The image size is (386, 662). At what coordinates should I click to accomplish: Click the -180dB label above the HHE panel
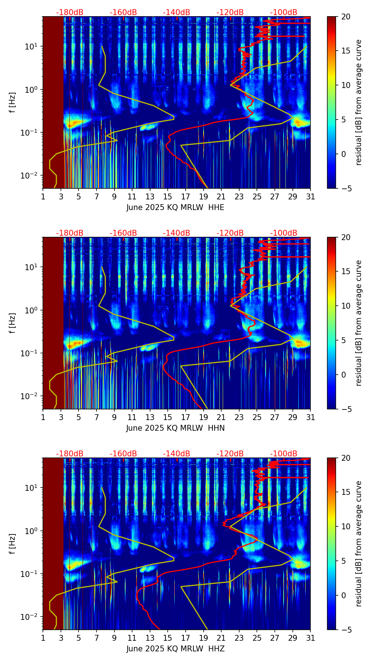click(x=70, y=12)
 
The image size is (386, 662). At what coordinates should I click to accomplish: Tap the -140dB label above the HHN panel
click(x=176, y=233)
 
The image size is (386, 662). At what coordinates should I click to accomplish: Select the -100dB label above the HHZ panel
click(x=284, y=454)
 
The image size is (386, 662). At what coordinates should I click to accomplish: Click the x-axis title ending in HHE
click(x=175, y=207)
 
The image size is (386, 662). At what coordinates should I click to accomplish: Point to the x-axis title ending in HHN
click(x=175, y=428)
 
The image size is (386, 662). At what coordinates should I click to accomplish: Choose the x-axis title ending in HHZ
click(x=175, y=649)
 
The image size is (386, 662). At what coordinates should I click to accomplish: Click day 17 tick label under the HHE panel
click(x=185, y=197)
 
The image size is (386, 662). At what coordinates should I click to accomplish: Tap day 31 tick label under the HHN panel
click(x=310, y=418)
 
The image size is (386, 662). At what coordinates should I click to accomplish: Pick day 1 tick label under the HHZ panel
click(x=43, y=638)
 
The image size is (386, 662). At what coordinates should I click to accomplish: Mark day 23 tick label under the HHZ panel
click(x=239, y=638)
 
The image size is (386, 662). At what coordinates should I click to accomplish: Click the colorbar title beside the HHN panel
click(x=358, y=323)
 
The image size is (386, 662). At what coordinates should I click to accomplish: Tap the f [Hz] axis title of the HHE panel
click(x=13, y=102)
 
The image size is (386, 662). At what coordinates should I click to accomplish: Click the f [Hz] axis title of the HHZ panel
click(x=13, y=544)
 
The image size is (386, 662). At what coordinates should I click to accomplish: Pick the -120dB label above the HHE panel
click(x=230, y=12)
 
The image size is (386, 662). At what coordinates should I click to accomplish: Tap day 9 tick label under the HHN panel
click(x=114, y=418)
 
